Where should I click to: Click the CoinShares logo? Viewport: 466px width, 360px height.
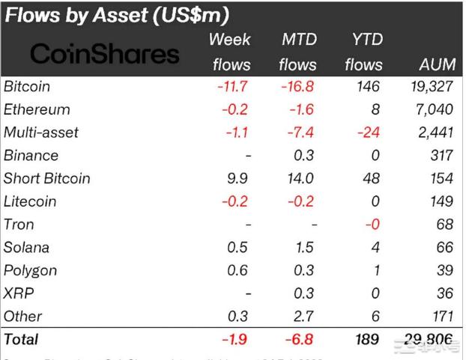[106, 53]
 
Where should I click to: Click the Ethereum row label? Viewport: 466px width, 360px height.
[37, 109]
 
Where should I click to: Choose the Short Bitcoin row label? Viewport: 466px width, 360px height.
[46, 178]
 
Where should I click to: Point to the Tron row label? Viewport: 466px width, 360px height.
[19, 225]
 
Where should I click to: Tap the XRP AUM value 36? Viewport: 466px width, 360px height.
[444, 293]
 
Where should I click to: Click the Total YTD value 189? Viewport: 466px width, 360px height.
[366, 340]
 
